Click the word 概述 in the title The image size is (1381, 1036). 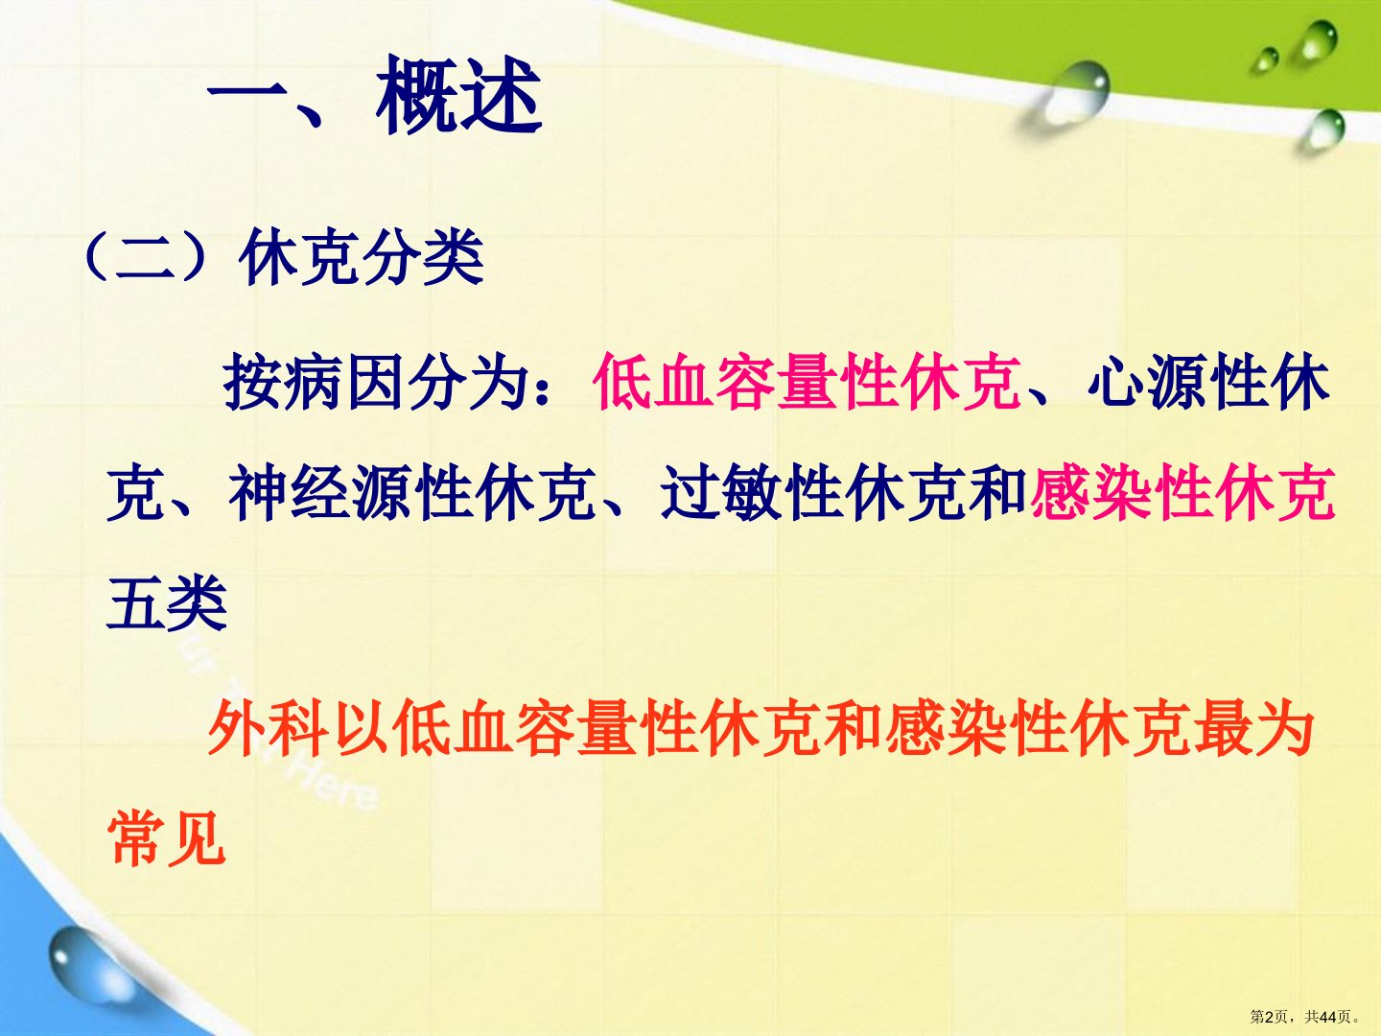coord(459,95)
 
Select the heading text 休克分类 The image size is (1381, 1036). coord(362,256)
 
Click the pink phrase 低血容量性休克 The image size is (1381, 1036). coord(806,382)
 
